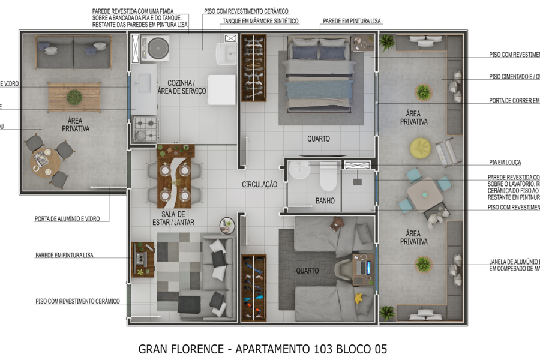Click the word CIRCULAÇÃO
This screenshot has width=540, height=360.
(259, 185)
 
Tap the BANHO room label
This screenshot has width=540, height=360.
(325, 201)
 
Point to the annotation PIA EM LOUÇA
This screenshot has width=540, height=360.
(505, 163)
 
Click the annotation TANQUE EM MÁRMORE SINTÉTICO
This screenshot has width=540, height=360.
(260, 21)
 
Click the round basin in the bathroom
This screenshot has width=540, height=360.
(299, 172)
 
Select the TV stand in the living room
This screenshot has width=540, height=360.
(143, 259)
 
